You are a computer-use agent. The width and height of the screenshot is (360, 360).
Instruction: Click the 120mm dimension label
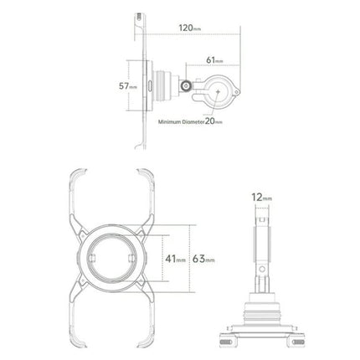[x=189, y=28]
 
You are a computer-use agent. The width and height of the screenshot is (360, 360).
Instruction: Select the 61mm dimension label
[x=214, y=60]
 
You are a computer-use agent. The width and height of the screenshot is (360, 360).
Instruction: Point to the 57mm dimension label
[x=128, y=86]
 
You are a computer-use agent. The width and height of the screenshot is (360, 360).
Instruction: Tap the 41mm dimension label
[x=175, y=259]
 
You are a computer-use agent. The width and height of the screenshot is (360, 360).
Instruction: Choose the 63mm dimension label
[x=203, y=259]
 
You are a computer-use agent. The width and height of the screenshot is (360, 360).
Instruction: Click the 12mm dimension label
[x=261, y=198]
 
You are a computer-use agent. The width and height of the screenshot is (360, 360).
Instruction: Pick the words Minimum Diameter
[x=181, y=122]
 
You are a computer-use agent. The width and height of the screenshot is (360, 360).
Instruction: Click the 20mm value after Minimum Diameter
[x=213, y=121]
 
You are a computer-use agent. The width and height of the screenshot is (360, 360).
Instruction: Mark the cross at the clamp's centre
[x=218, y=91]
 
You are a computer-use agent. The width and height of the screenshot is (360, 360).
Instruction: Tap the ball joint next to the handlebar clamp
[x=186, y=86]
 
